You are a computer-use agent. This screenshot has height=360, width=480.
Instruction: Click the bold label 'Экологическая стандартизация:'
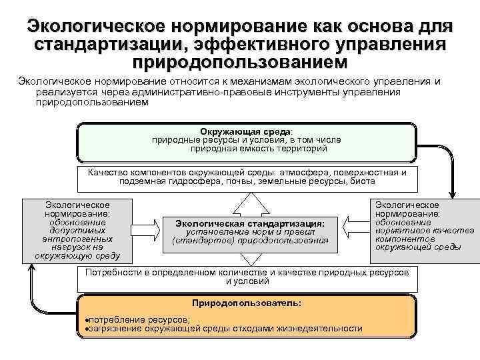pos(250,223)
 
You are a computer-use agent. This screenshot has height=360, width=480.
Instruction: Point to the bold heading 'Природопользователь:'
pos(246,303)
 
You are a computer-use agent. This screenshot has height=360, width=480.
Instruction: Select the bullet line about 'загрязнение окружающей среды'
pos(225,328)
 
